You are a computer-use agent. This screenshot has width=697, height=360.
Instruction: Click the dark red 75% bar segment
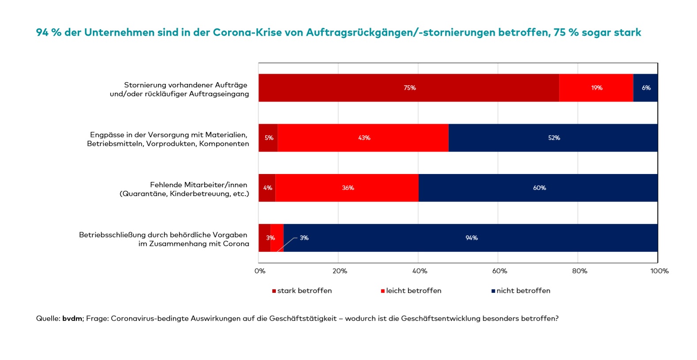coord(409,88)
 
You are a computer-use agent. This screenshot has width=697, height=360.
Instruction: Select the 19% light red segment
coord(596,88)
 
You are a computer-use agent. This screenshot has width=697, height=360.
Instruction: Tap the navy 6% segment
coord(645,88)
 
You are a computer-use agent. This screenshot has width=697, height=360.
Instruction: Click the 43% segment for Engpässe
coord(363,138)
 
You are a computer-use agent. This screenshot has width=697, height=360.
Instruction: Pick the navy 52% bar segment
coord(553,138)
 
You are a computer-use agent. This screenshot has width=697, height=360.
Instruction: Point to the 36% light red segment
coord(347,188)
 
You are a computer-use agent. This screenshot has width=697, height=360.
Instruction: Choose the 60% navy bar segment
coord(538,188)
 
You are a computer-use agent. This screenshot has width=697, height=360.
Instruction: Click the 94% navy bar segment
coord(471,238)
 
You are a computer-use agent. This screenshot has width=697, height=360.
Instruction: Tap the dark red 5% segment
coord(268,138)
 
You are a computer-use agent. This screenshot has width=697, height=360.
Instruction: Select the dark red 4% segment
coord(267,188)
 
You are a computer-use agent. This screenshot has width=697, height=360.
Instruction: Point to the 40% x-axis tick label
coord(419,271)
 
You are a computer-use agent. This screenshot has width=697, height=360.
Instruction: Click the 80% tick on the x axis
coord(579,271)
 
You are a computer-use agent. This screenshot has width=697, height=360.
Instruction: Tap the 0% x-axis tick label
coord(260,271)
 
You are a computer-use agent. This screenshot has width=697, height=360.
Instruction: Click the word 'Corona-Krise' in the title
coord(247,32)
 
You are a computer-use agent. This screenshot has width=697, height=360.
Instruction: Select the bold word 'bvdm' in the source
coord(72,318)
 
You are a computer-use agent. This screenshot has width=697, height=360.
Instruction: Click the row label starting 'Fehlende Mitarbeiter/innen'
coord(184,189)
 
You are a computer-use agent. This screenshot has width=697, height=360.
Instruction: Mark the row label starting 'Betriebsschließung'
coord(164,239)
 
